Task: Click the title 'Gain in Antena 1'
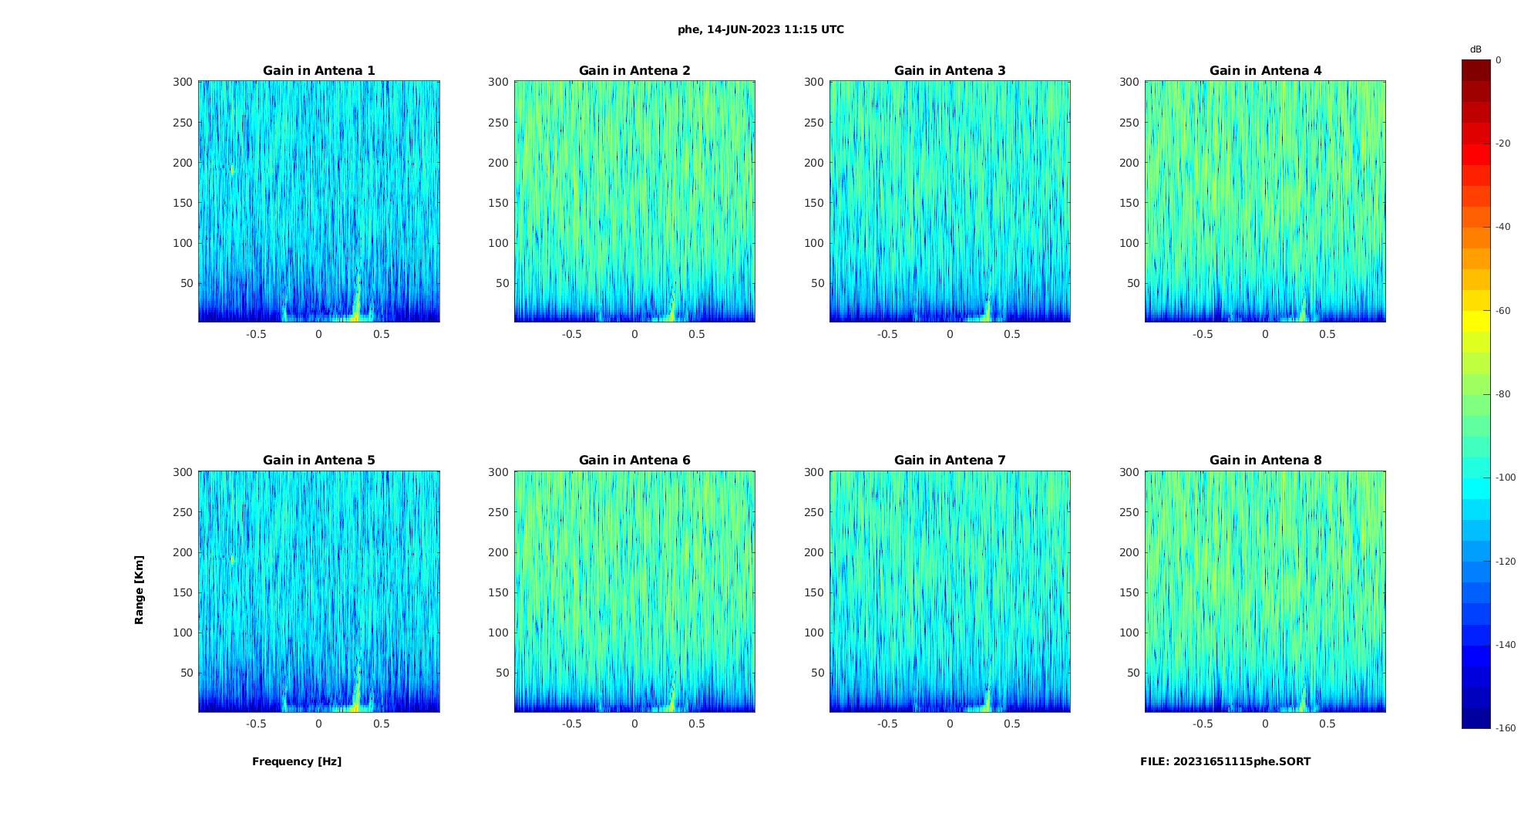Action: coord(318,71)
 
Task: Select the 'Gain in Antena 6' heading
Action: coord(634,461)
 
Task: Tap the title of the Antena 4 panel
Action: coord(1265,71)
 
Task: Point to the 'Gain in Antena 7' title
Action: coord(950,461)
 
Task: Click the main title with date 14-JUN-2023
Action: coord(761,30)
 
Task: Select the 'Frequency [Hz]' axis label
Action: coord(297,761)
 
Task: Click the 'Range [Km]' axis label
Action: coord(140,590)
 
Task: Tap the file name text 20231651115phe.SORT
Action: coord(1225,761)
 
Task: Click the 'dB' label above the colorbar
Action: coord(1475,49)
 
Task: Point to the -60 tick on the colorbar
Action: coord(1503,311)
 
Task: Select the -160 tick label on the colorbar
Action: coord(1506,728)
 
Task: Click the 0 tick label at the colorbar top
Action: coord(1499,60)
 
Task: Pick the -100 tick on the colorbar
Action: coord(1506,477)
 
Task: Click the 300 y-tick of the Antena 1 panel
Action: coord(183,82)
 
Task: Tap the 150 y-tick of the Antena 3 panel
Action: coord(814,203)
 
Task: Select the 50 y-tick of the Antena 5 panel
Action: coord(187,673)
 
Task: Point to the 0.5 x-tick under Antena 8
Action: coord(1327,724)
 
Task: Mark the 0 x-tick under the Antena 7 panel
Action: coord(950,724)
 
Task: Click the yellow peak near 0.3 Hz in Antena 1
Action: coord(357,309)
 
